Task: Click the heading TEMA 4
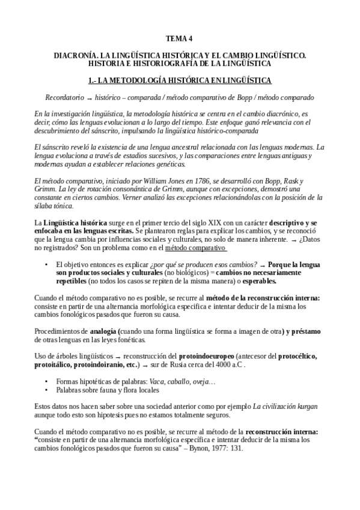coord(180,40)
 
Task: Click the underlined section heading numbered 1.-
coord(180,80)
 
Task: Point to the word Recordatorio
coord(64,97)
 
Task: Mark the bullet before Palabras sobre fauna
coord(47,390)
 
